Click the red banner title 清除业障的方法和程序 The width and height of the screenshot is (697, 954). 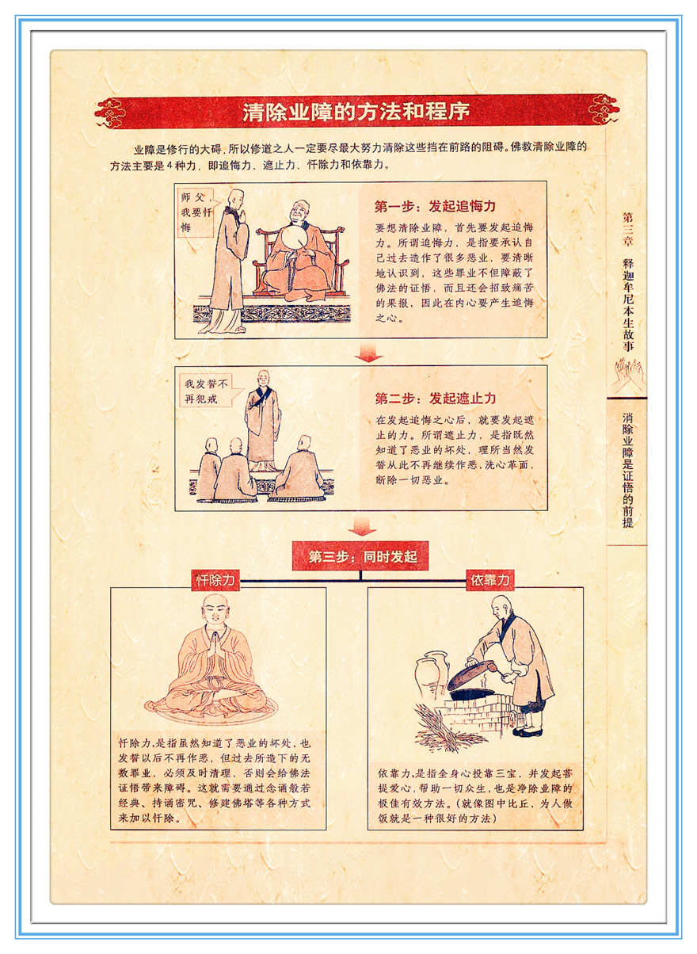coord(356,112)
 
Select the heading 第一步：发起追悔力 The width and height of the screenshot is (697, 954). coord(435,206)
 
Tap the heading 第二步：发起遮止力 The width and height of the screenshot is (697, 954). coord(436,399)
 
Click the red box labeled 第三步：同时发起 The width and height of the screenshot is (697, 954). coord(360,556)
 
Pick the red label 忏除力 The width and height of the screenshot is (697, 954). coord(215,580)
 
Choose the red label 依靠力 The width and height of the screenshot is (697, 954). coord(490,580)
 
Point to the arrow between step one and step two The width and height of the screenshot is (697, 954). coord(368,353)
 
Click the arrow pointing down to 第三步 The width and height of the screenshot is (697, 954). coord(362,527)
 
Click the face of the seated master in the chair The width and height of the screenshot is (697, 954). coord(299,212)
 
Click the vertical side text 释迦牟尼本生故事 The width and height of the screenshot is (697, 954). coord(628,304)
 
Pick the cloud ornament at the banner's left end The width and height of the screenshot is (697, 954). coord(110,113)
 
